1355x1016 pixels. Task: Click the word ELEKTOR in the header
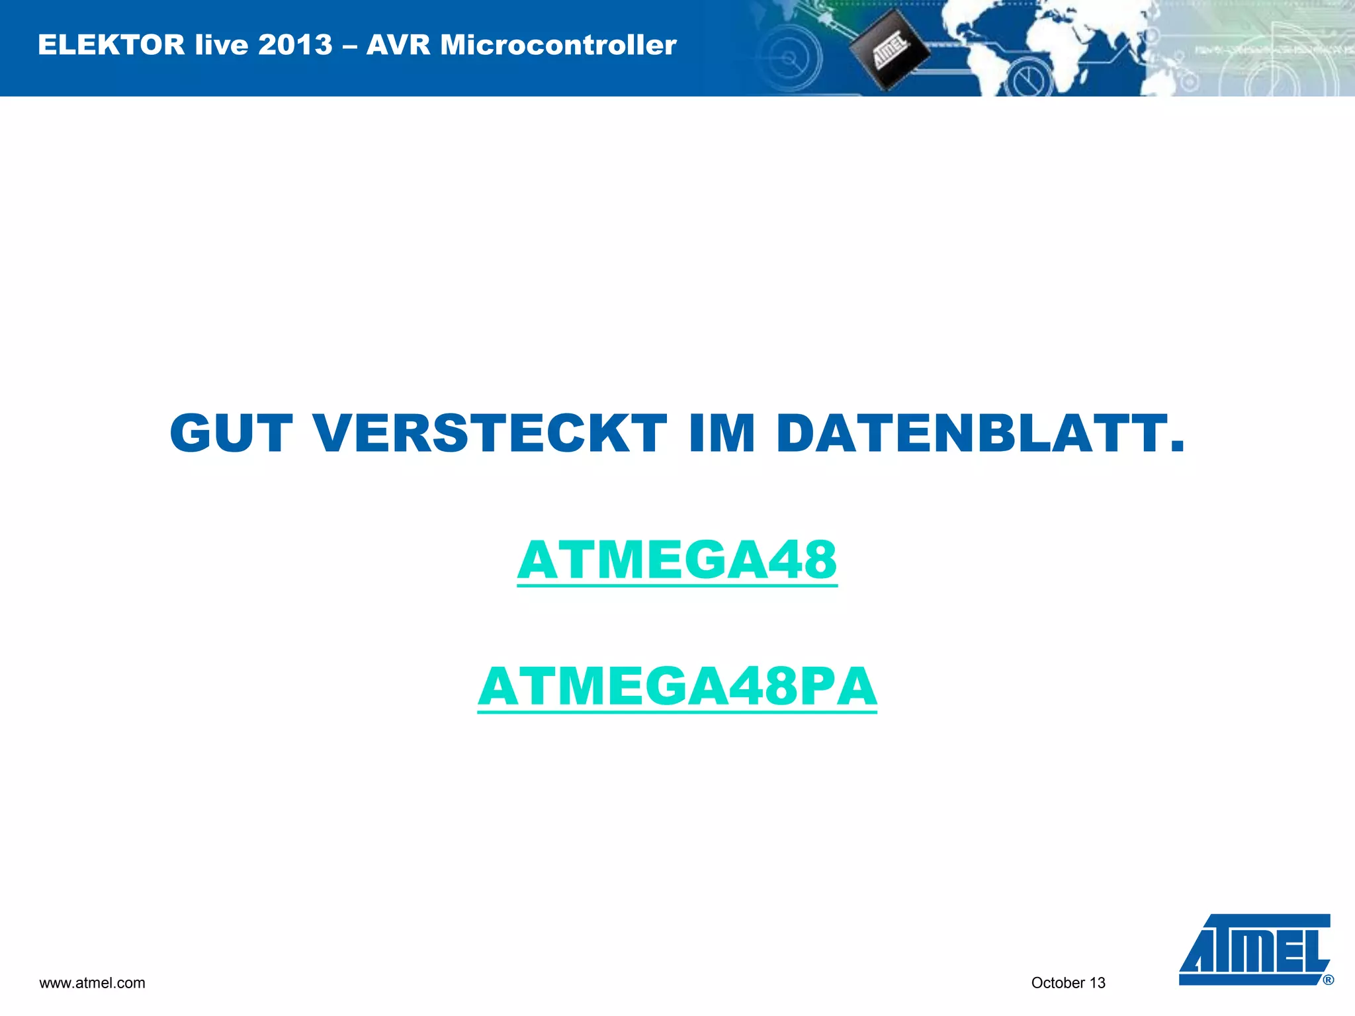pyautogui.click(x=111, y=45)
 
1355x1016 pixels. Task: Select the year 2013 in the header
pyautogui.click(x=295, y=45)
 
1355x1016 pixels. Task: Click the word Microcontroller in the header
pyautogui.click(x=558, y=45)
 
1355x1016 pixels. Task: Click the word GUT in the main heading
pyautogui.click(x=231, y=434)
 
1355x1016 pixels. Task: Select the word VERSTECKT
pyautogui.click(x=490, y=434)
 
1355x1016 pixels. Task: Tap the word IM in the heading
pyautogui.click(x=721, y=434)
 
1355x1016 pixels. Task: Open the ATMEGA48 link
pyautogui.click(x=677, y=560)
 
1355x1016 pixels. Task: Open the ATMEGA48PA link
pyautogui.click(x=677, y=687)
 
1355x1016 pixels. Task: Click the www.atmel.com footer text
pyautogui.click(x=92, y=983)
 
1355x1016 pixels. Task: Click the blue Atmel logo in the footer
pyautogui.click(x=1254, y=949)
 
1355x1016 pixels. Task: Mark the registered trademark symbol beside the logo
pyautogui.click(x=1328, y=980)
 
